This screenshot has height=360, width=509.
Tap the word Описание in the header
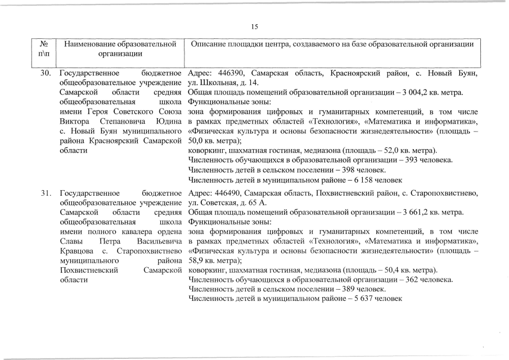click(210, 44)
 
